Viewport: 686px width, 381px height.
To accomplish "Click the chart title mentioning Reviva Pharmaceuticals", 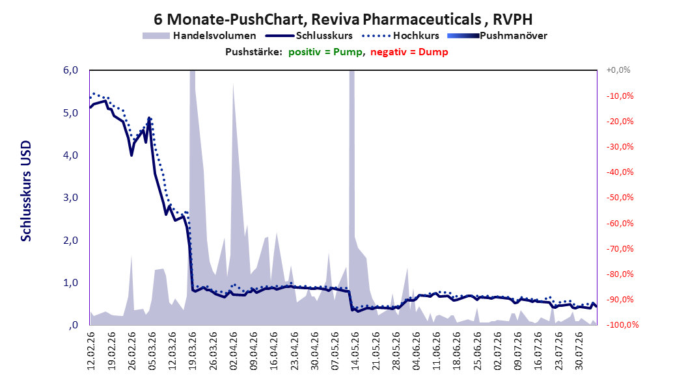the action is pos(343,20).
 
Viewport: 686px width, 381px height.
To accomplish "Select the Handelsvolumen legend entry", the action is pos(199,36).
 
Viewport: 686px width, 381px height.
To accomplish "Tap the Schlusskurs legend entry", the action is pos(309,36).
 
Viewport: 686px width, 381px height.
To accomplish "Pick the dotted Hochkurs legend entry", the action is pos(400,36).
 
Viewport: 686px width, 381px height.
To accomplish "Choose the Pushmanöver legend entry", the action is pos(497,36).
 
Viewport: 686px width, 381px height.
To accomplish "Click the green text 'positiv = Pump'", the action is pos(325,52).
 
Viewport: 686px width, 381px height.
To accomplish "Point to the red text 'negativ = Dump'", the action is pos(409,52).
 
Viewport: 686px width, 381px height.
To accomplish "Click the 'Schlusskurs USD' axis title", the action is pos(26,191).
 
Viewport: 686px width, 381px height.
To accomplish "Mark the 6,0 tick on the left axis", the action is pos(70,70).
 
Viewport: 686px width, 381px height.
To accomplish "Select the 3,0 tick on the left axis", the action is pos(70,198).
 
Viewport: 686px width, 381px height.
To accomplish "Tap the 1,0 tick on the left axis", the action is pos(70,283).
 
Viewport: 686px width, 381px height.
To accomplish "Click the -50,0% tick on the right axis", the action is pos(620,198).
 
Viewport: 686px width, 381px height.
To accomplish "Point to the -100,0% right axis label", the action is pos(622,324).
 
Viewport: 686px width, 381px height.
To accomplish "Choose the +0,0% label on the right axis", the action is pos(618,70).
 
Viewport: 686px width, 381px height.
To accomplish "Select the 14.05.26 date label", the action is pos(355,351).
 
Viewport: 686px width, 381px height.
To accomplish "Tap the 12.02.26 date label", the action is pos(91,351).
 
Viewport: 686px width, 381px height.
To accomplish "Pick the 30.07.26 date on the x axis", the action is pos(579,351).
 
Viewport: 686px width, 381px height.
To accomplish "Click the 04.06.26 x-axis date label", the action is pos(416,351).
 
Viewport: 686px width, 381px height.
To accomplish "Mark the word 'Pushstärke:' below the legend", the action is pos(254,52).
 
